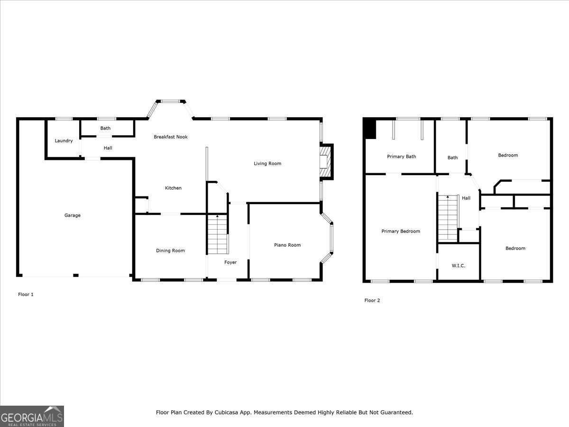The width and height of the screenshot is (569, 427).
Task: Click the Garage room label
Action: click(x=73, y=215)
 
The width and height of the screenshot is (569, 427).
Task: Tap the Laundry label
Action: click(x=64, y=141)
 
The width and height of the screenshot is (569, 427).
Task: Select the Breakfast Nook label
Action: click(x=171, y=137)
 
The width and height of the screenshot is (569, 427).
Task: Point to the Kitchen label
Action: click(x=173, y=188)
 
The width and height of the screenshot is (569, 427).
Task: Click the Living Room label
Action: click(x=267, y=164)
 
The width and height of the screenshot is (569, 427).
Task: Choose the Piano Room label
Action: click(x=287, y=245)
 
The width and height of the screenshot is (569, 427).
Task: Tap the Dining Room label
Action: click(x=171, y=251)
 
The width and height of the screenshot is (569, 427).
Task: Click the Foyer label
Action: click(x=230, y=262)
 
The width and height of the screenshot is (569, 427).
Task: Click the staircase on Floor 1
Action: click(x=218, y=235)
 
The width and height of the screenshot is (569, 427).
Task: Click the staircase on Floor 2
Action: click(x=448, y=218)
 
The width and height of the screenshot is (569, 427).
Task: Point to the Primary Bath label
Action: click(x=402, y=157)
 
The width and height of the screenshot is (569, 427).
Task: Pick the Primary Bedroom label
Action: click(x=401, y=232)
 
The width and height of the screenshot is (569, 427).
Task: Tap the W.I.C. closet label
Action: click(x=458, y=266)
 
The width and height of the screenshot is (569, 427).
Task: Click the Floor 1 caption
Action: click(x=26, y=295)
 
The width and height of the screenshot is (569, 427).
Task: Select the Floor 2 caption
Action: click(x=372, y=301)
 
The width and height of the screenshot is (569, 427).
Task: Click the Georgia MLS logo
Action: click(x=32, y=416)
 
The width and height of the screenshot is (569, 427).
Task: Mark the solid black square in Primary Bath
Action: click(x=370, y=129)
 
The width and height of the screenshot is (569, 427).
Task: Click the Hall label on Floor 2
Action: click(x=466, y=198)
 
